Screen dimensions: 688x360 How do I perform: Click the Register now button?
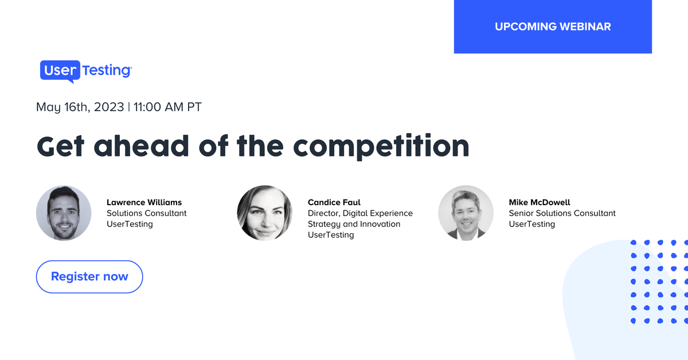(x=89, y=276)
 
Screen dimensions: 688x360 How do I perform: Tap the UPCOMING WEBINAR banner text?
(x=553, y=27)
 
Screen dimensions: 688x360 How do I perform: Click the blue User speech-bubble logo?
(x=60, y=71)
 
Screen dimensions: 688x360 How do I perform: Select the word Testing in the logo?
(x=107, y=71)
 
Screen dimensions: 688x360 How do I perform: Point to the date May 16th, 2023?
(x=80, y=107)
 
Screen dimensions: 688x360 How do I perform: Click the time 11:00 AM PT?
(x=167, y=107)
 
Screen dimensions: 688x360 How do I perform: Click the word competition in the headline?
(x=381, y=147)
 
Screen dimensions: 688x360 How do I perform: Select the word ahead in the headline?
(x=141, y=146)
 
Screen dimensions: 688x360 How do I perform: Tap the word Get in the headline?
(x=60, y=146)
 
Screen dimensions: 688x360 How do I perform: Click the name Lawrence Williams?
(x=144, y=202)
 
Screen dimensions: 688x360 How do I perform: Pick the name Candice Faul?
(x=334, y=202)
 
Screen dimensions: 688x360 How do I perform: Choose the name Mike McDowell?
(x=540, y=202)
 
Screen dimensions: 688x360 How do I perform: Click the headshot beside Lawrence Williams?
(x=64, y=213)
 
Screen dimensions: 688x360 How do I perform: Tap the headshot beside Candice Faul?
(x=265, y=213)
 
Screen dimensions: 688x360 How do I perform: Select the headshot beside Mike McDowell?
(x=466, y=213)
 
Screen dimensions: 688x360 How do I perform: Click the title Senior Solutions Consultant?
(x=562, y=213)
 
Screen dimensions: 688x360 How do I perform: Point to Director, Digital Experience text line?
(x=360, y=213)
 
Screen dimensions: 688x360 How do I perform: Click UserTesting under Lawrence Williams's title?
(x=130, y=224)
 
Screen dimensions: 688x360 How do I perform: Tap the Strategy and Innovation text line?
(x=354, y=224)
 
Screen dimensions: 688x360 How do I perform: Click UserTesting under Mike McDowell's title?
(x=532, y=224)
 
